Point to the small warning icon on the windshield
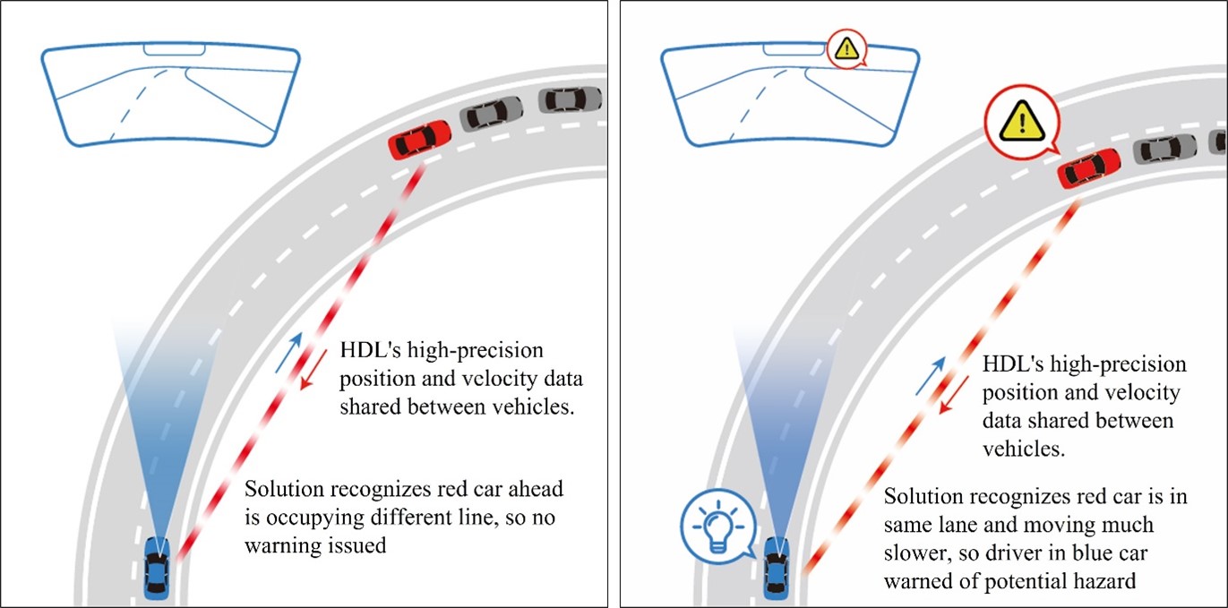846,48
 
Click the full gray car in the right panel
1164,147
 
